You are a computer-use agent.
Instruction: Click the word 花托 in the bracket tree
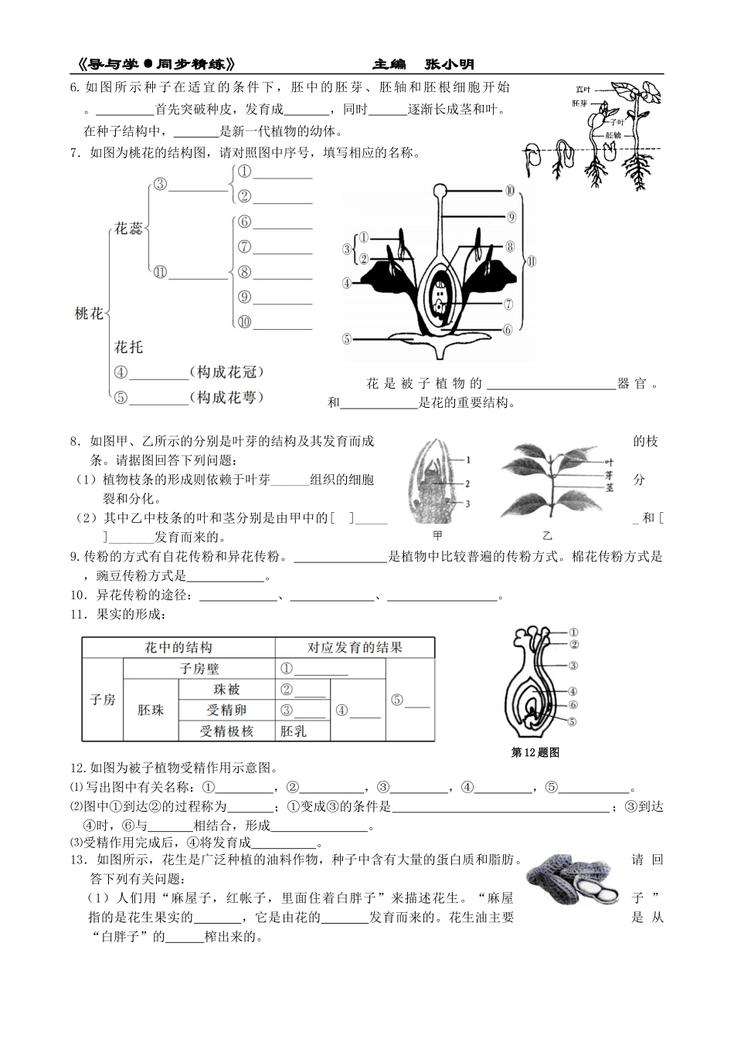tap(128, 347)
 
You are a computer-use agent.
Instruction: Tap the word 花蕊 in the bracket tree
tap(128, 229)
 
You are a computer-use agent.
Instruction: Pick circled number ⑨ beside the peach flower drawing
tap(511, 217)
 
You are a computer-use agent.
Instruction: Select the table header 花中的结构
tap(178, 647)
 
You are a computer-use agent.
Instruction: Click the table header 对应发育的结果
tap(355, 647)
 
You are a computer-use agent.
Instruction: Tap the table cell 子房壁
tap(199, 669)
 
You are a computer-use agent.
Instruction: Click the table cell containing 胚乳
tap(293, 731)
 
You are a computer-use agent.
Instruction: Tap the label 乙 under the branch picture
tap(547, 534)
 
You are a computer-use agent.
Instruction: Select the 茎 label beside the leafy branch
tap(608, 488)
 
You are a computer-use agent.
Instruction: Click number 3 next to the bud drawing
tap(467, 504)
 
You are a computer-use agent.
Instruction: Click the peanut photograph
tap(573, 880)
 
